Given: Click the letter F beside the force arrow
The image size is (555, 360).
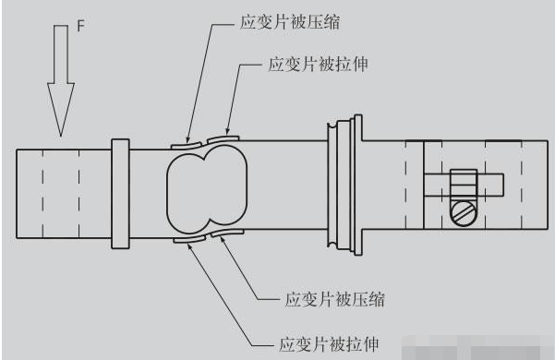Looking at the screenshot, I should click(80, 27).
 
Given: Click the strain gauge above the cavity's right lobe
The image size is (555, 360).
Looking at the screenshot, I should click(221, 140).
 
